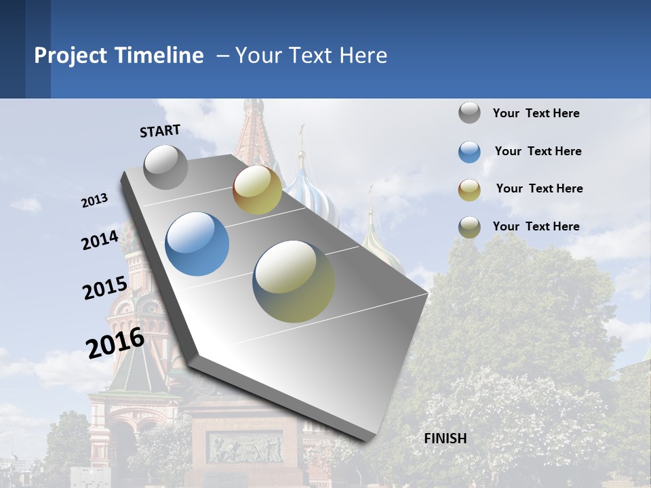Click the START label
(160, 131)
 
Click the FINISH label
(446, 439)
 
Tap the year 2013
(94, 201)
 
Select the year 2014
(100, 240)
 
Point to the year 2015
(104, 288)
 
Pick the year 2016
(115, 342)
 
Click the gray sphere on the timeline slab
(166, 167)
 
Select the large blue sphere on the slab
(197, 244)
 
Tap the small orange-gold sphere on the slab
(257, 190)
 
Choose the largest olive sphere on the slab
(294, 281)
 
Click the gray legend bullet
(469, 113)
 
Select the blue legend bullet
(469, 152)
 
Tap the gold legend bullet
(469, 189)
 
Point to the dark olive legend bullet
(469, 227)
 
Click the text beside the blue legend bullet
(538, 151)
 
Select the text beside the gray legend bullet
(536, 113)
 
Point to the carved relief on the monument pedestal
(245, 448)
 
